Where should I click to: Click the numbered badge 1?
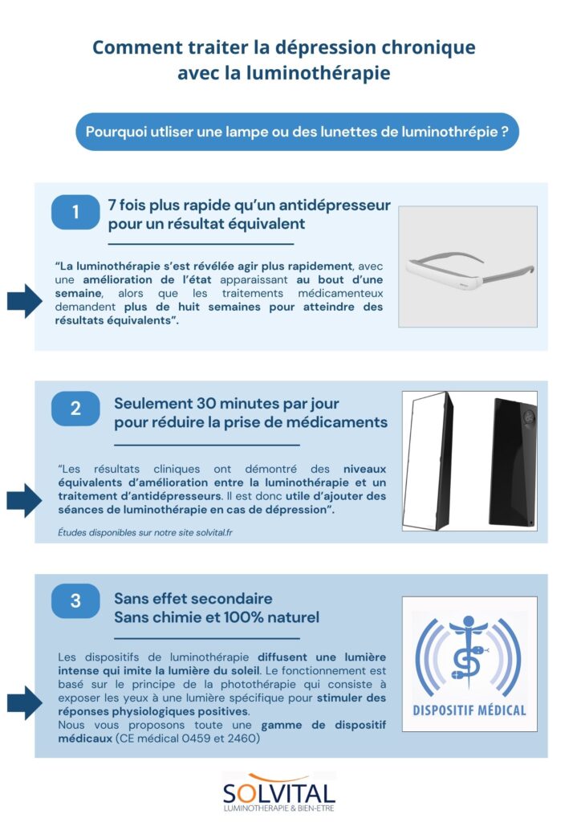[75, 213]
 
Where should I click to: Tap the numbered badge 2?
[75, 409]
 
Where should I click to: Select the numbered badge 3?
[75, 601]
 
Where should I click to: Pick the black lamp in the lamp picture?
[513, 462]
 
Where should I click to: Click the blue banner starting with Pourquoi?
[297, 132]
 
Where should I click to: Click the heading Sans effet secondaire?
[193, 599]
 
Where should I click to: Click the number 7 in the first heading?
[112, 205]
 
